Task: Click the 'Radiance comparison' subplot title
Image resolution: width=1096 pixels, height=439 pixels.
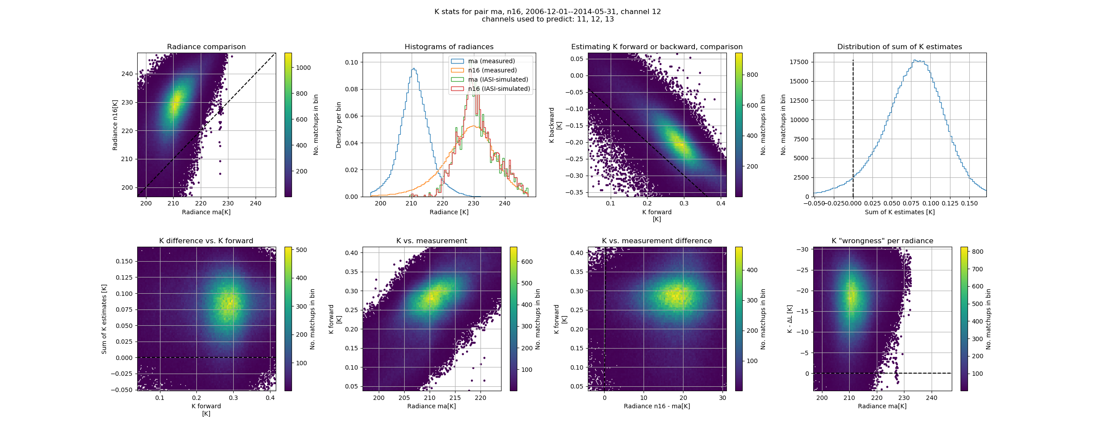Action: coord(206,47)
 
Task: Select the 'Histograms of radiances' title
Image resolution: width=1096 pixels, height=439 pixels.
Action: coord(449,47)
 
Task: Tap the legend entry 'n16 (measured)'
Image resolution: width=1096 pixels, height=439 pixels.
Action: coord(492,70)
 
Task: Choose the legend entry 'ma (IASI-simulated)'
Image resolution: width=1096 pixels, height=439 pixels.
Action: coord(498,79)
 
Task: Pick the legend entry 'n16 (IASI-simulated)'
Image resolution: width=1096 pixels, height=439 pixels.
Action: coord(499,89)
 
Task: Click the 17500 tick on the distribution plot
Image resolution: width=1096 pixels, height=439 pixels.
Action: coord(799,62)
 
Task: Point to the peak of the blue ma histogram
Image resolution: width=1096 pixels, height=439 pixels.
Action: coord(413,68)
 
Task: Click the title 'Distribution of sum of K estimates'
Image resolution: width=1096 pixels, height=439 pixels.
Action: coord(900,47)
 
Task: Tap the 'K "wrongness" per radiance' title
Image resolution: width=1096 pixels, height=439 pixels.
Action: coord(882,241)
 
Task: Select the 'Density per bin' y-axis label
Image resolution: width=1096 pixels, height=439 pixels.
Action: coord(338,125)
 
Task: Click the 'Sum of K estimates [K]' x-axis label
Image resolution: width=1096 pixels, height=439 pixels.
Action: coord(900,212)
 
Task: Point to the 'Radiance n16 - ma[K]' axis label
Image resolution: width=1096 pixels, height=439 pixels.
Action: coord(657,406)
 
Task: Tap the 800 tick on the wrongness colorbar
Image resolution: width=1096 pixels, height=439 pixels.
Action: coord(978,252)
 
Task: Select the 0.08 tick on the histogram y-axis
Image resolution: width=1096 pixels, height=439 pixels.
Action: coord(351,89)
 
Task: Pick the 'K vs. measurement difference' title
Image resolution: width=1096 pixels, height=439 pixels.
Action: coord(657,241)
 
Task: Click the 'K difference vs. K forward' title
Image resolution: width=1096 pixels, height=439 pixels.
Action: coord(206,241)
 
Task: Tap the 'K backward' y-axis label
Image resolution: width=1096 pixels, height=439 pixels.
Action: coord(552,125)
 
